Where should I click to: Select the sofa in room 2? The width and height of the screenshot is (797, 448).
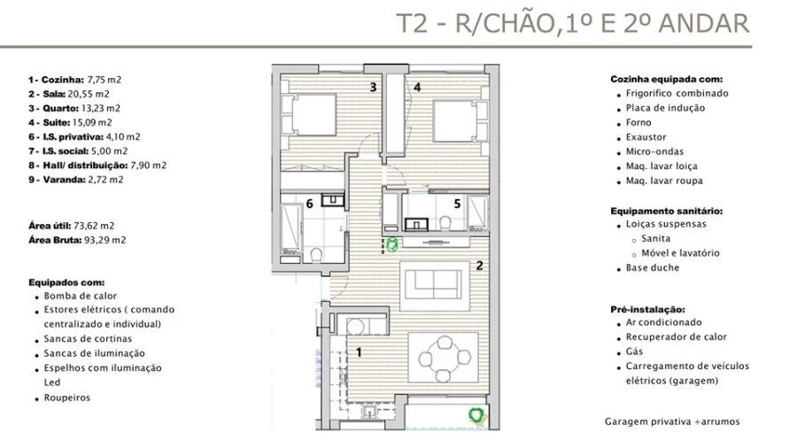click(430, 283)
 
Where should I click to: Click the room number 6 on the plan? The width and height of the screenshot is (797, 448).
click(309, 204)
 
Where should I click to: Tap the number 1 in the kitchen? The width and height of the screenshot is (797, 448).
click(358, 351)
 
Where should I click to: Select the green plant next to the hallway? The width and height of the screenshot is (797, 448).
click(391, 243)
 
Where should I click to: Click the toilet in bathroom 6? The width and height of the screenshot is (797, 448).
click(316, 256)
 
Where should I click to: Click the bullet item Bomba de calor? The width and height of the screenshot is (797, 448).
click(81, 296)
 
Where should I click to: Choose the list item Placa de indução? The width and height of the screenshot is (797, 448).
click(665, 108)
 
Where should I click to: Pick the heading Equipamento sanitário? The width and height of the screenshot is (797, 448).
click(667, 211)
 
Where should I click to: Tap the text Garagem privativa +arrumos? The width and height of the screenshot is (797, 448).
click(672, 421)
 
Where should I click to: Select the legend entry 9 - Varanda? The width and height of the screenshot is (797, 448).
click(75, 179)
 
